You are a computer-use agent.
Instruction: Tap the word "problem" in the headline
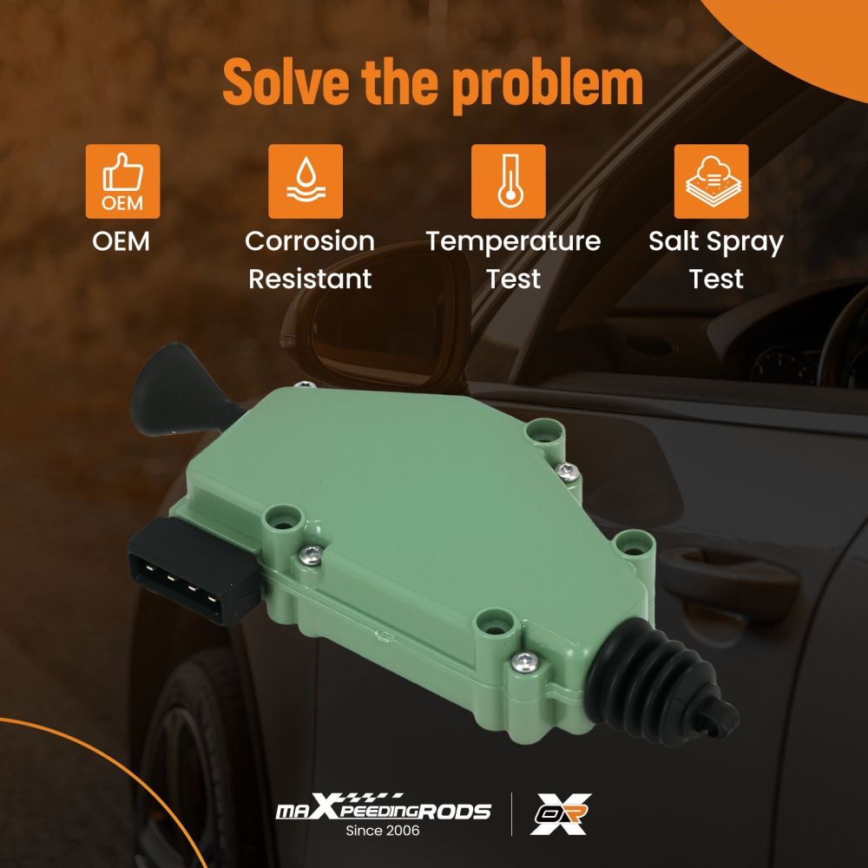pos(548,85)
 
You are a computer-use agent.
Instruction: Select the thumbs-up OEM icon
pos(123,181)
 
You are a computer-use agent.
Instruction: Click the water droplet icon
pos(306,181)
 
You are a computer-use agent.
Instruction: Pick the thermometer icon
pos(508,181)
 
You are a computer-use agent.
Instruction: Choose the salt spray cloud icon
pos(712,181)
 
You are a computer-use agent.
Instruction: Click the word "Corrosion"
pos(310,241)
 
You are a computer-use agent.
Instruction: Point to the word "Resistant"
pos(310,279)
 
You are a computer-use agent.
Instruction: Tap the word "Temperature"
pos(513,242)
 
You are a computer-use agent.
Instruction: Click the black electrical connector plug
pos(191,570)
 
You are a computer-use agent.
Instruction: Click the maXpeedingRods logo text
pos(383,808)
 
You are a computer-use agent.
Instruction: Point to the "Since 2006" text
pos(383,831)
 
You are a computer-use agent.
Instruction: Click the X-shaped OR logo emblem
pos(560,814)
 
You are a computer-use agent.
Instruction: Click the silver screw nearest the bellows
pos(524,661)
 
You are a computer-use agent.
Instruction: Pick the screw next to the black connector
pos(311,553)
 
